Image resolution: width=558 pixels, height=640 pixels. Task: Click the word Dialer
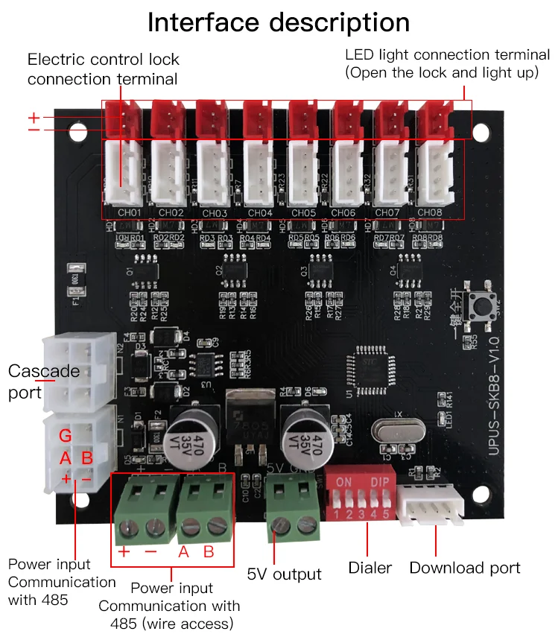coord(370,568)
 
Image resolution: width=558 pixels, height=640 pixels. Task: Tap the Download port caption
coord(465,568)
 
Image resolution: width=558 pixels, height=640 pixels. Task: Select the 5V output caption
coord(285,574)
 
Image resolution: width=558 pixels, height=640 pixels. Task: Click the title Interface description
coord(279,22)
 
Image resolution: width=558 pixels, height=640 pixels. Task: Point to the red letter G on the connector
coord(66,436)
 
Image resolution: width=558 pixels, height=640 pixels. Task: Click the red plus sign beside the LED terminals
coord(34,118)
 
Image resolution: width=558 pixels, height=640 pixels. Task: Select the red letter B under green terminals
coord(209,552)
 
